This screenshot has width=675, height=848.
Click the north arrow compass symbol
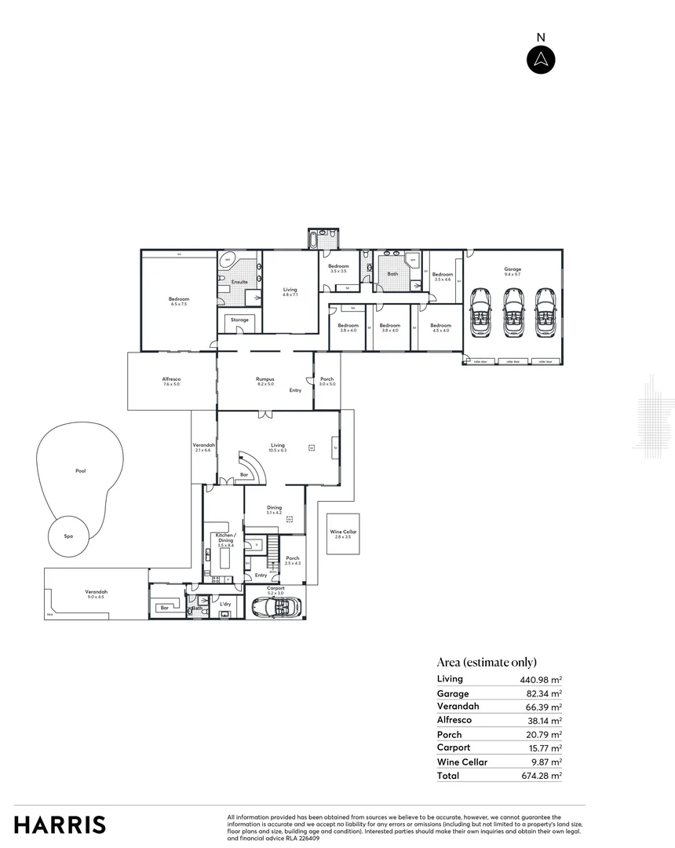[x=541, y=60]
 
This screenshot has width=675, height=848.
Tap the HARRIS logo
[x=60, y=824]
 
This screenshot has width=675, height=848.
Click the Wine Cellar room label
[x=343, y=534]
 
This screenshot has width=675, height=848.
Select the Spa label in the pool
[x=68, y=535]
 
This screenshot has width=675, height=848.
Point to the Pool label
[x=80, y=471]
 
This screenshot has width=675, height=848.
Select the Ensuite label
[x=239, y=281]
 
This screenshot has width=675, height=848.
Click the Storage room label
[x=239, y=320]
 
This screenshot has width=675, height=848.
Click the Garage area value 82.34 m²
[x=545, y=694]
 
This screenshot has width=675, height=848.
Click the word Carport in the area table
[x=454, y=747]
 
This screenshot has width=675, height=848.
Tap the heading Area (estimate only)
[x=487, y=662]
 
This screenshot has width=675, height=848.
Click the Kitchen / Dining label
[x=225, y=538]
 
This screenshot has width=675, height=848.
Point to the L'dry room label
[x=225, y=604]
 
